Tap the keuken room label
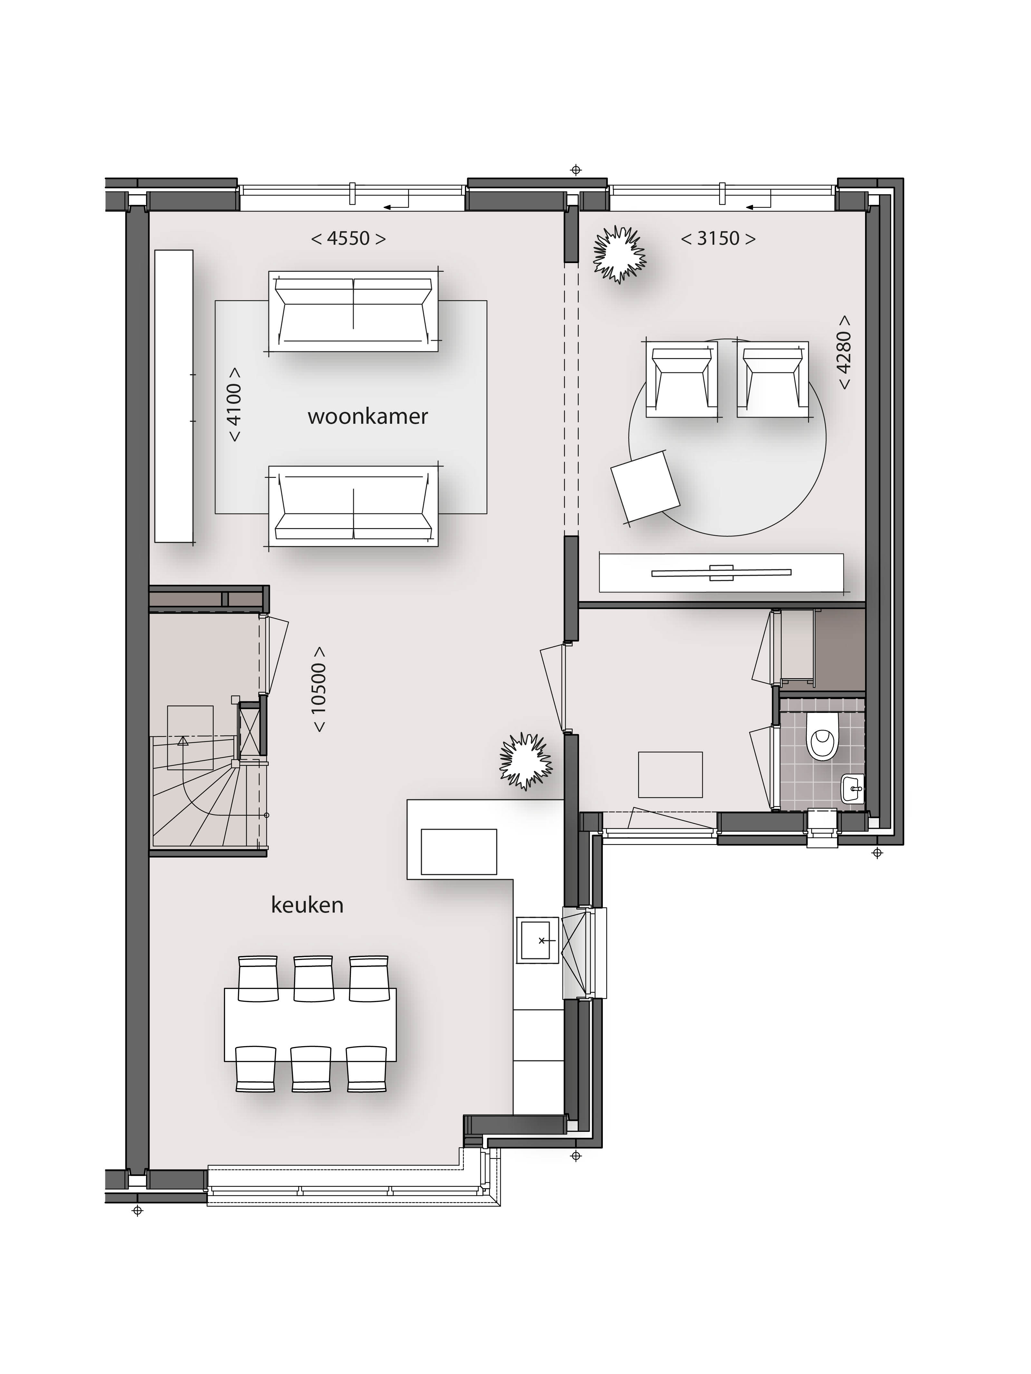[307, 905]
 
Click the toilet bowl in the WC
[822, 736]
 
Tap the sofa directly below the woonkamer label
[354, 506]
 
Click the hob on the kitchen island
[459, 852]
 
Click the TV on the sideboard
[721, 573]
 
